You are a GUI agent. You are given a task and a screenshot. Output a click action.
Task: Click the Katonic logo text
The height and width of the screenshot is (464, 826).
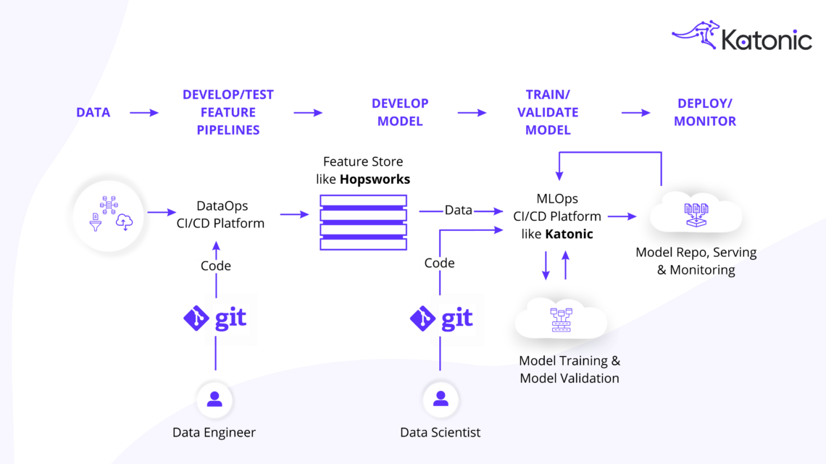pos(766,40)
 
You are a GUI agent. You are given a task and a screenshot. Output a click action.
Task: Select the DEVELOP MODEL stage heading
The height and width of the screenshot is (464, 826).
pos(400,112)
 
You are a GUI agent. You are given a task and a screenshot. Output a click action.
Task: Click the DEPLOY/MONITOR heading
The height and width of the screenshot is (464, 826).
pos(705,112)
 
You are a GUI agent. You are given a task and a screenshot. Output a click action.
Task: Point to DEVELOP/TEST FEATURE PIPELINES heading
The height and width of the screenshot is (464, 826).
pos(228,112)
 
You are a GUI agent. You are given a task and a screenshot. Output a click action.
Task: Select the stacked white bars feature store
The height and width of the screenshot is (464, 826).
pos(363,222)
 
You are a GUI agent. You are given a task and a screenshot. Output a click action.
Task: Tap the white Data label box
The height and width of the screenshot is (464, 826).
pos(458,210)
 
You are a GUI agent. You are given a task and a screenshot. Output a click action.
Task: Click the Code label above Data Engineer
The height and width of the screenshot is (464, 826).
pos(215,266)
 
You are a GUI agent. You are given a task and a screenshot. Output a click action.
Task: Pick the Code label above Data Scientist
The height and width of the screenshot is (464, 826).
pos(439,263)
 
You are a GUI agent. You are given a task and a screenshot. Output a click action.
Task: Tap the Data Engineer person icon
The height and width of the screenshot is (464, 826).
pos(214,400)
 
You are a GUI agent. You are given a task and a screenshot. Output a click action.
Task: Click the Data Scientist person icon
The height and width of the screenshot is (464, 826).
pos(440,400)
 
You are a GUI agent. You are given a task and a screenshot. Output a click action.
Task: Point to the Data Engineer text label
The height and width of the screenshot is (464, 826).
pos(214,432)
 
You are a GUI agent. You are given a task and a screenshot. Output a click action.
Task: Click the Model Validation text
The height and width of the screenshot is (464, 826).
pos(569,378)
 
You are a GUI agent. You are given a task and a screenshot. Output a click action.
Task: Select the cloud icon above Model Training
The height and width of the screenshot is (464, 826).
pos(561,319)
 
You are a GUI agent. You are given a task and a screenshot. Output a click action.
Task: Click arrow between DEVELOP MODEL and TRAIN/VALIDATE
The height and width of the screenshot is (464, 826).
pos(472,112)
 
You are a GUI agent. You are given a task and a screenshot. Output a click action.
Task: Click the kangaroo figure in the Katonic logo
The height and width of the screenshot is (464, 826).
pos(696,34)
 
